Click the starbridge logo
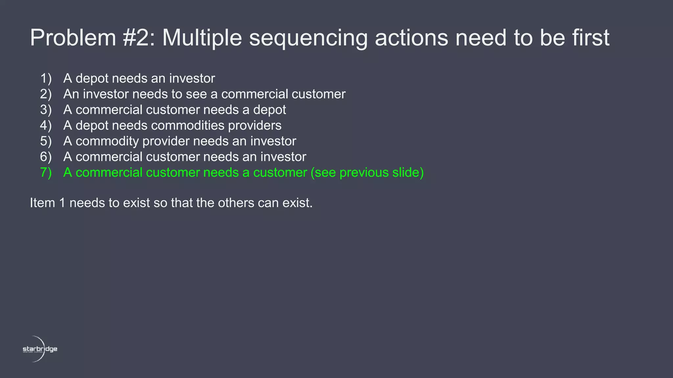tap(40, 349)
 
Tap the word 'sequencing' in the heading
tap(308, 38)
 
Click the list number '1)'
tap(46, 78)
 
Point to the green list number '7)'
tap(46, 173)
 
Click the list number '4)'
tap(46, 125)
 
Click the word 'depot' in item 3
tap(269, 110)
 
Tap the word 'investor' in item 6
tap(283, 157)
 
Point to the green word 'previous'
tap(364, 173)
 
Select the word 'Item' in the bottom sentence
tap(42, 203)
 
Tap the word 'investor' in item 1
tap(192, 78)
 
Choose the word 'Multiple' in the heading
tap(202, 38)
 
